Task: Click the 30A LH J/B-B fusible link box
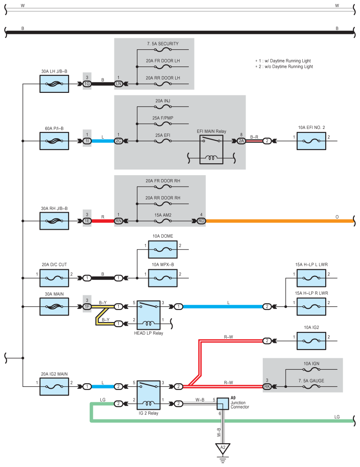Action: click(54, 84)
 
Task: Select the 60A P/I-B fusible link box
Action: click(54, 141)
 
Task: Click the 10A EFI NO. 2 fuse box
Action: click(312, 141)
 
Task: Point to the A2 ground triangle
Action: click(223, 449)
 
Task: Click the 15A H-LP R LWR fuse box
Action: click(312, 306)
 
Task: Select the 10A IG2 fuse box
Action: click(312, 341)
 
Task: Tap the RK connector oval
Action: click(267, 386)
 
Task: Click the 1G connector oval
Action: click(87, 84)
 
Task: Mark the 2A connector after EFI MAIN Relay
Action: click(241, 141)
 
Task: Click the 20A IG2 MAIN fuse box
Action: click(54, 386)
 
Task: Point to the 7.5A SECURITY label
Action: click(162, 44)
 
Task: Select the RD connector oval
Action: click(201, 221)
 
